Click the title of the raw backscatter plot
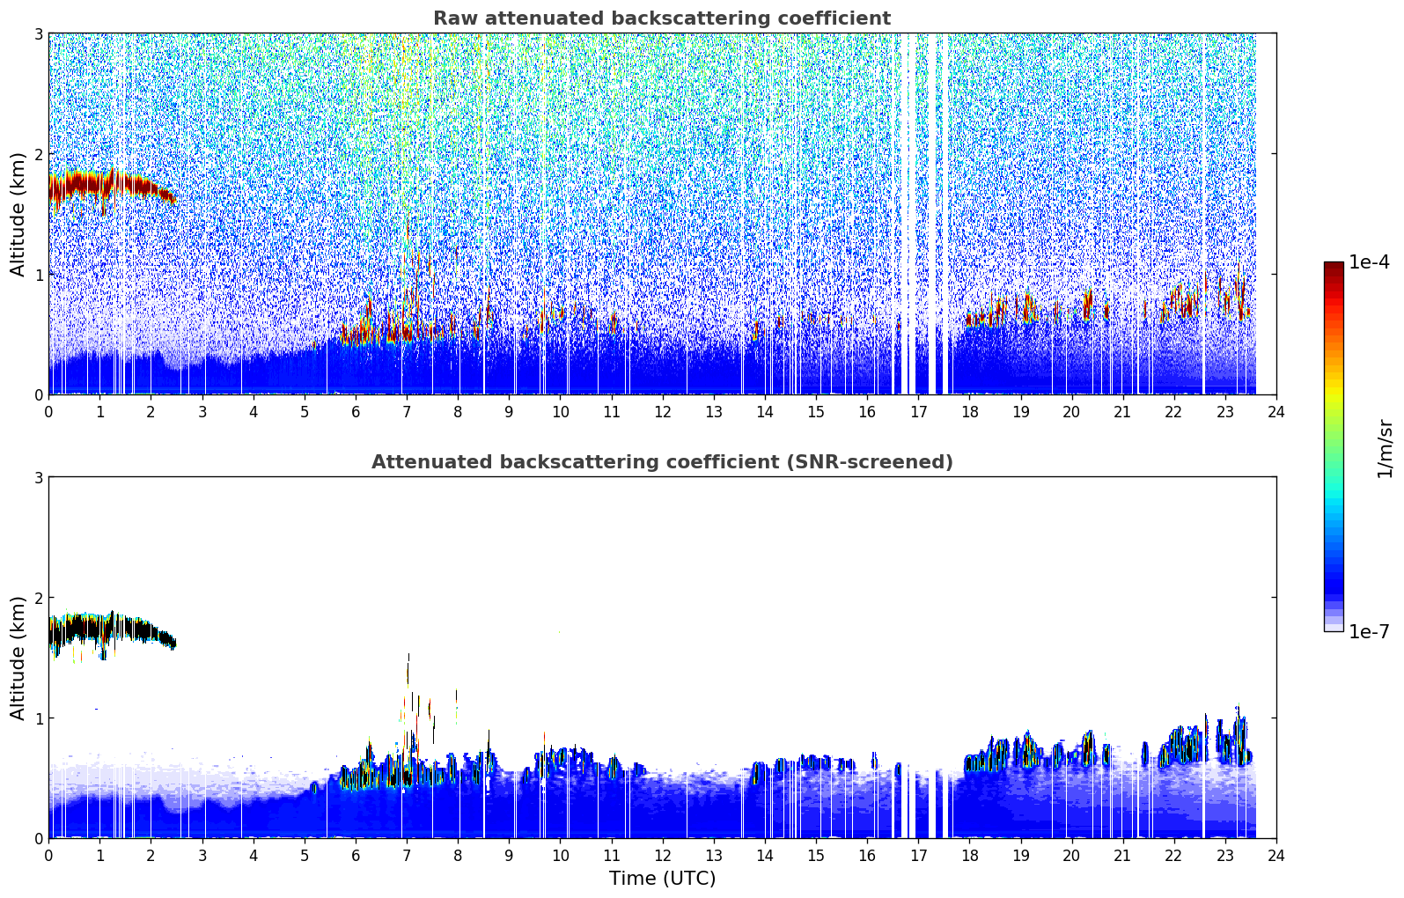pos(662,18)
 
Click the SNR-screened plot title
pos(662,462)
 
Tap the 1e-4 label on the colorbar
pos(1369,262)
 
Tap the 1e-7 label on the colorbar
pos(1369,631)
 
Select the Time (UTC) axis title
pos(662,879)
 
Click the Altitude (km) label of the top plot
pos(18,215)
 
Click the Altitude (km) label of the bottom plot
pos(18,659)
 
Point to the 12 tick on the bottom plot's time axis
pos(663,856)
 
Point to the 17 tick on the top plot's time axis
pos(918,412)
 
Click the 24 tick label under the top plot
pos(1276,412)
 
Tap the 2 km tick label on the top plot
pos(38,154)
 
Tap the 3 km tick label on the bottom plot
pos(38,478)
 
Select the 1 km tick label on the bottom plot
pos(38,718)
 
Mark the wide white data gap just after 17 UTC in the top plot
pos(932,214)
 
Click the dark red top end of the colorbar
pos(1334,266)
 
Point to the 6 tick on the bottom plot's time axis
pos(356,856)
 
